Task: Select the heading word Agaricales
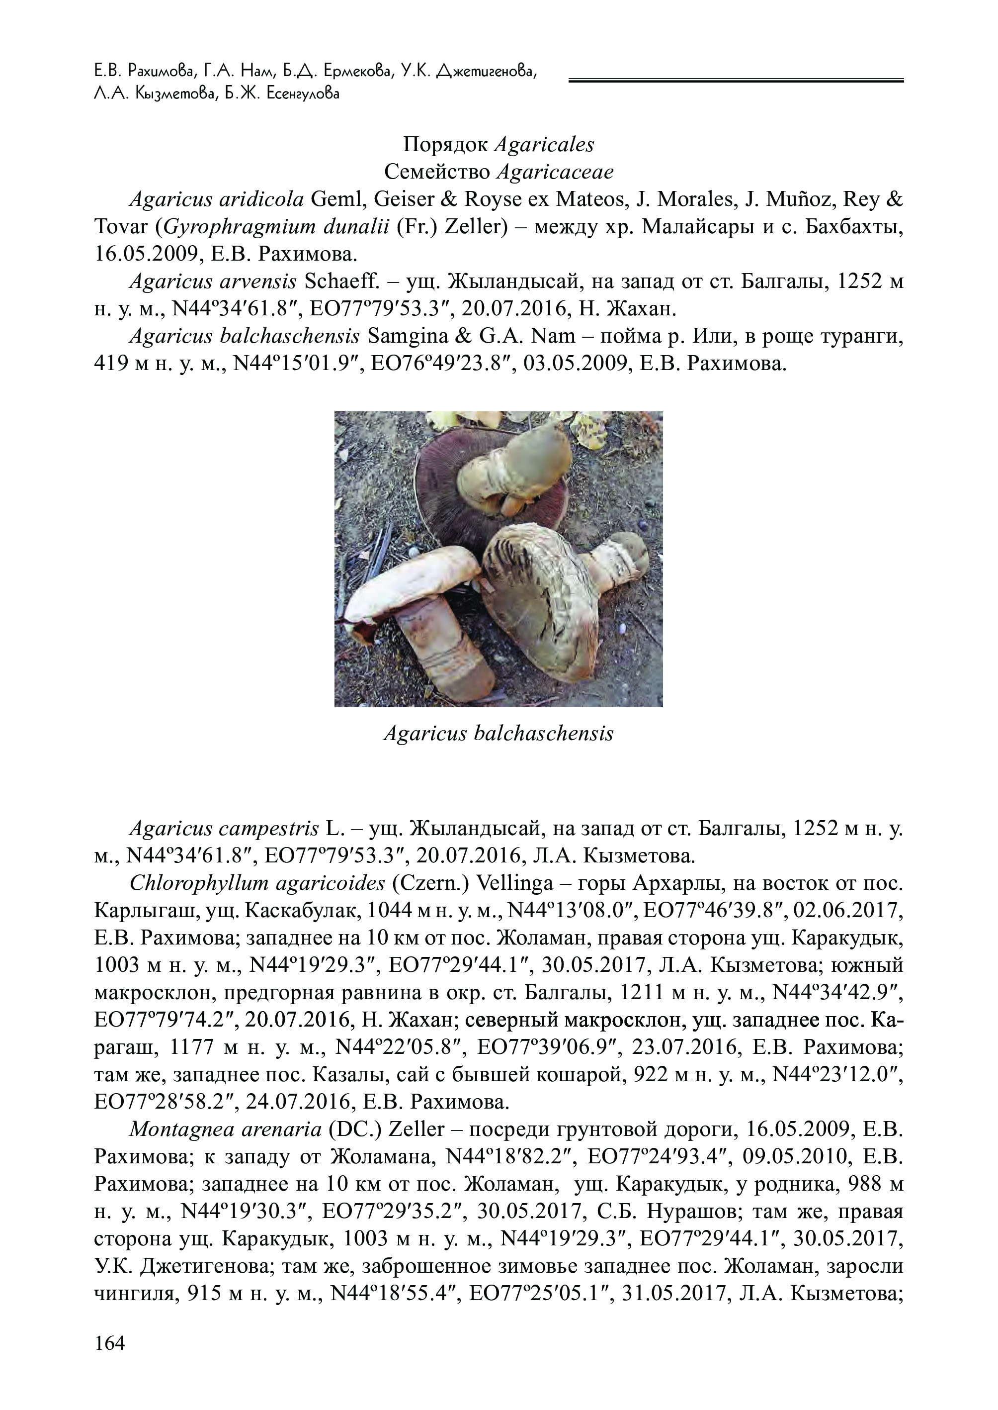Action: click(x=544, y=145)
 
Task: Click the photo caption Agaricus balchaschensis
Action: click(x=499, y=733)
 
